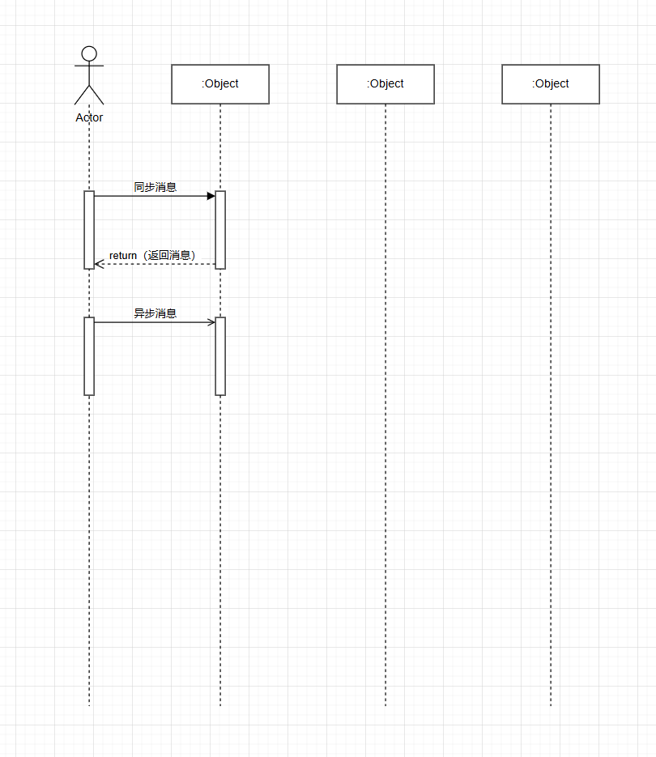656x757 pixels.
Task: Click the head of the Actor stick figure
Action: click(x=89, y=53)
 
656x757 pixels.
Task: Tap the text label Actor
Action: click(x=89, y=117)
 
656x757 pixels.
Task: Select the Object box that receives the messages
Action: click(x=220, y=84)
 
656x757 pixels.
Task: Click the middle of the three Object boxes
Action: click(x=386, y=84)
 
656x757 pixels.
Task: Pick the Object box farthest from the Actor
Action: click(x=551, y=84)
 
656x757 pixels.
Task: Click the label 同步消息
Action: click(x=155, y=187)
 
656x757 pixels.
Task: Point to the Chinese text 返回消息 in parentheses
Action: click(x=169, y=255)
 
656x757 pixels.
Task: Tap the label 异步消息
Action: click(x=155, y=313)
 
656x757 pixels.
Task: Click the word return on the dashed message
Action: click(x=123, y=255)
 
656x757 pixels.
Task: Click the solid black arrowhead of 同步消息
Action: click(x=211, y=196)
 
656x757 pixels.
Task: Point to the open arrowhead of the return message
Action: click(x=99, y=264)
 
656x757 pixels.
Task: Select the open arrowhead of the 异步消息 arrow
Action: click(x=211, y=322)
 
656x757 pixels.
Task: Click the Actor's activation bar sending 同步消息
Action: click(x=89, y=230)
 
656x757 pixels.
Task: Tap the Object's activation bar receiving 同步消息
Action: click(x=220, y=230)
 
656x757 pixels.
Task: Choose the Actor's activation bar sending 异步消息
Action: click(x=89, y=356)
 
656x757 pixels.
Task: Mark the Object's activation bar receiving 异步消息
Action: click(x=220, y=356)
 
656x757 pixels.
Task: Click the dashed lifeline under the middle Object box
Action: click(x=386, y=405)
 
